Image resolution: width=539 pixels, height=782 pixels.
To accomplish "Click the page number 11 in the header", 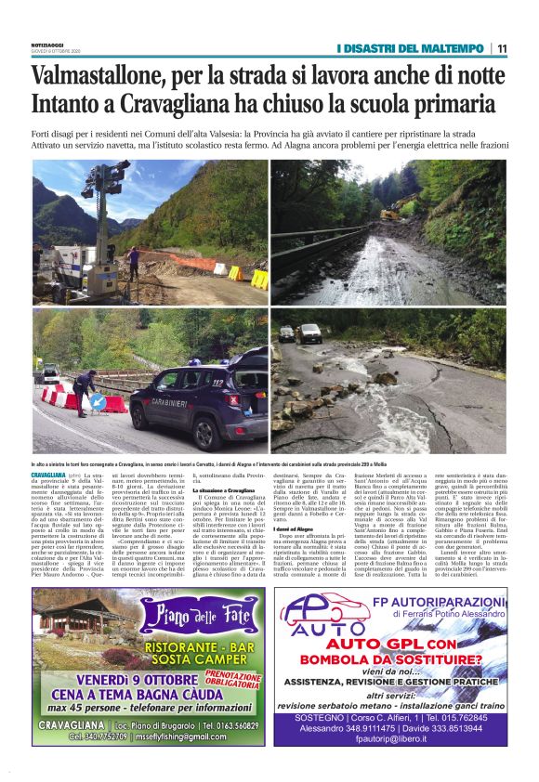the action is click(501, 48).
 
